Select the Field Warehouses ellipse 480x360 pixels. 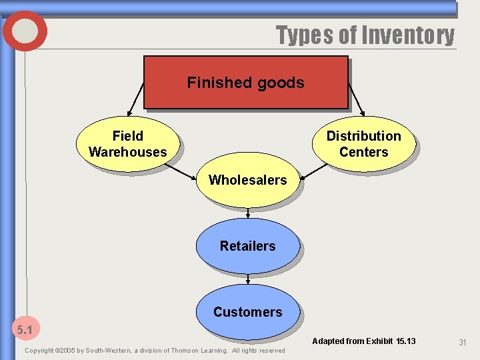127,144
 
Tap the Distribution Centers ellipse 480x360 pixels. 363,144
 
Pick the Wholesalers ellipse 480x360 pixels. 247,180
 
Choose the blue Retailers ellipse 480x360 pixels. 247,246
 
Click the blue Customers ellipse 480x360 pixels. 247,312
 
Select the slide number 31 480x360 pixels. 462,341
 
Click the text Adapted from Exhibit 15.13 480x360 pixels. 363,341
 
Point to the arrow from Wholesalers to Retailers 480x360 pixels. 248,213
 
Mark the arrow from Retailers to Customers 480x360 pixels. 248,279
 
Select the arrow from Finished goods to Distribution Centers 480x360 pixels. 356,100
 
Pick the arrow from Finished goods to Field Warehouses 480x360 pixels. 135,100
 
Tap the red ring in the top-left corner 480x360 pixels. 25,31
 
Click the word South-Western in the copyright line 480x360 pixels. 105,350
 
